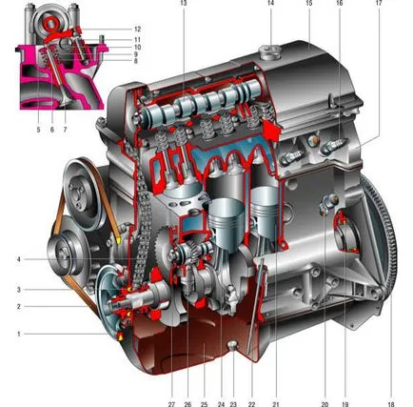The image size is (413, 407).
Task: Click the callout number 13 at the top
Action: click(184, 3)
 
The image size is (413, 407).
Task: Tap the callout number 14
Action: click(270, 3)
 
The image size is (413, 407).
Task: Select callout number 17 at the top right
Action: click(379, 3)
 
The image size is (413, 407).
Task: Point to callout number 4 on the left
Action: click(19, 259)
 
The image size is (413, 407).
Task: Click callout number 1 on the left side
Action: click(19, 334)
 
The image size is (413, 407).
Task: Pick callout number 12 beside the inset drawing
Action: click(137, 30)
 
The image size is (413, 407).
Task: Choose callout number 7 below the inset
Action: click(65, 130)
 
